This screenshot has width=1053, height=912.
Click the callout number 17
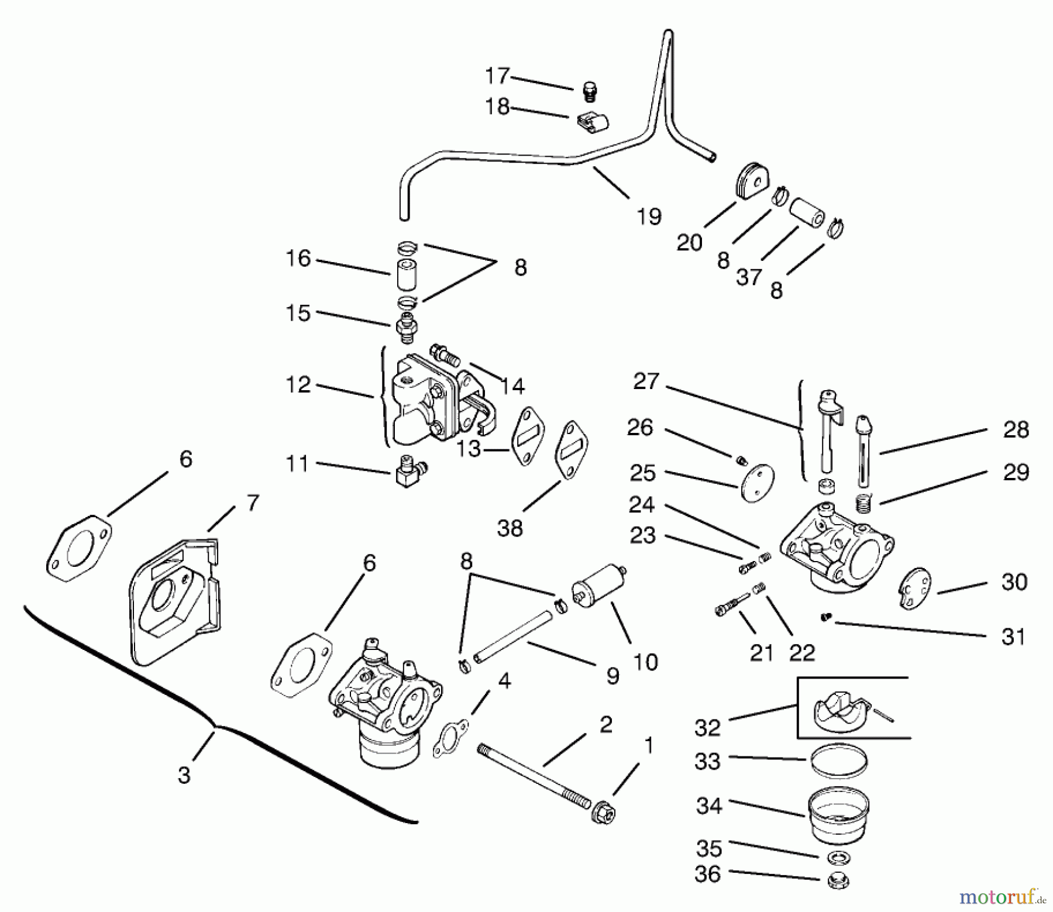[x=497, y=76]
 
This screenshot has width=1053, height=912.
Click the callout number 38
[x=510, y=528]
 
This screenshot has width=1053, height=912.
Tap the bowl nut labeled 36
[x=839, y=881]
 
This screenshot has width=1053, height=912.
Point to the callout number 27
[x=646, y=381]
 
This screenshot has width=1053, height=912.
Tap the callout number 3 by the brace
[x=184, y=775]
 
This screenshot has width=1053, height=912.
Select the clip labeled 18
[x=592, y=123]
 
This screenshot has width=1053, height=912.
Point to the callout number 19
[x=649, y=216]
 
